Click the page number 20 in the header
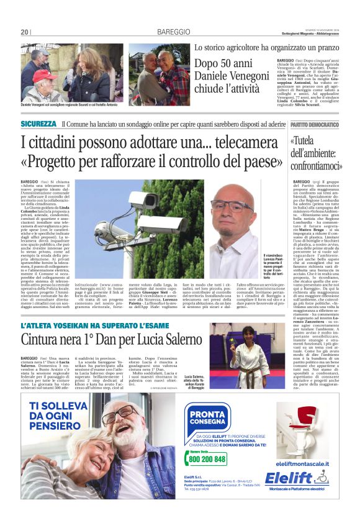tap(24, 32)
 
